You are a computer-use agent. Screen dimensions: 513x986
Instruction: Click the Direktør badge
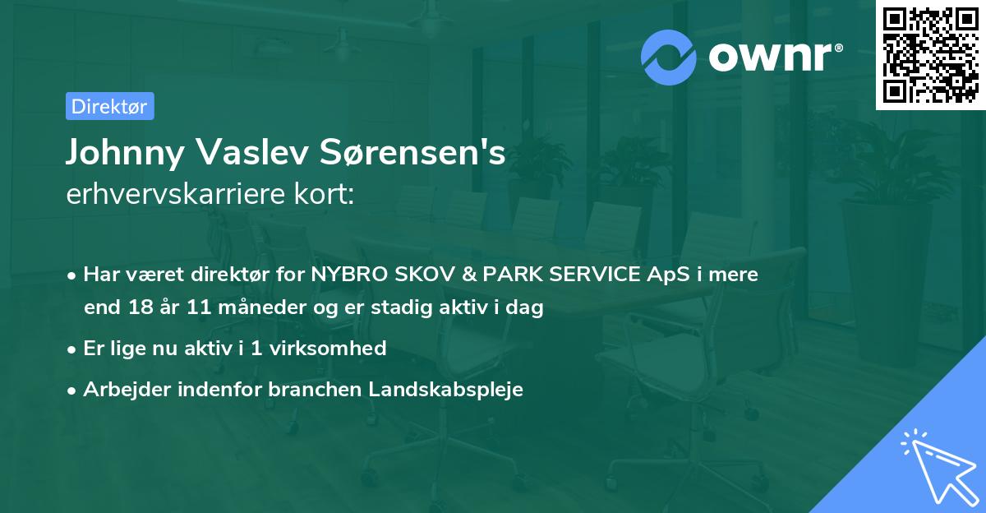tap(109, 106)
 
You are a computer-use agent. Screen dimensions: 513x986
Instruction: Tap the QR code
tap(930, 54)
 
